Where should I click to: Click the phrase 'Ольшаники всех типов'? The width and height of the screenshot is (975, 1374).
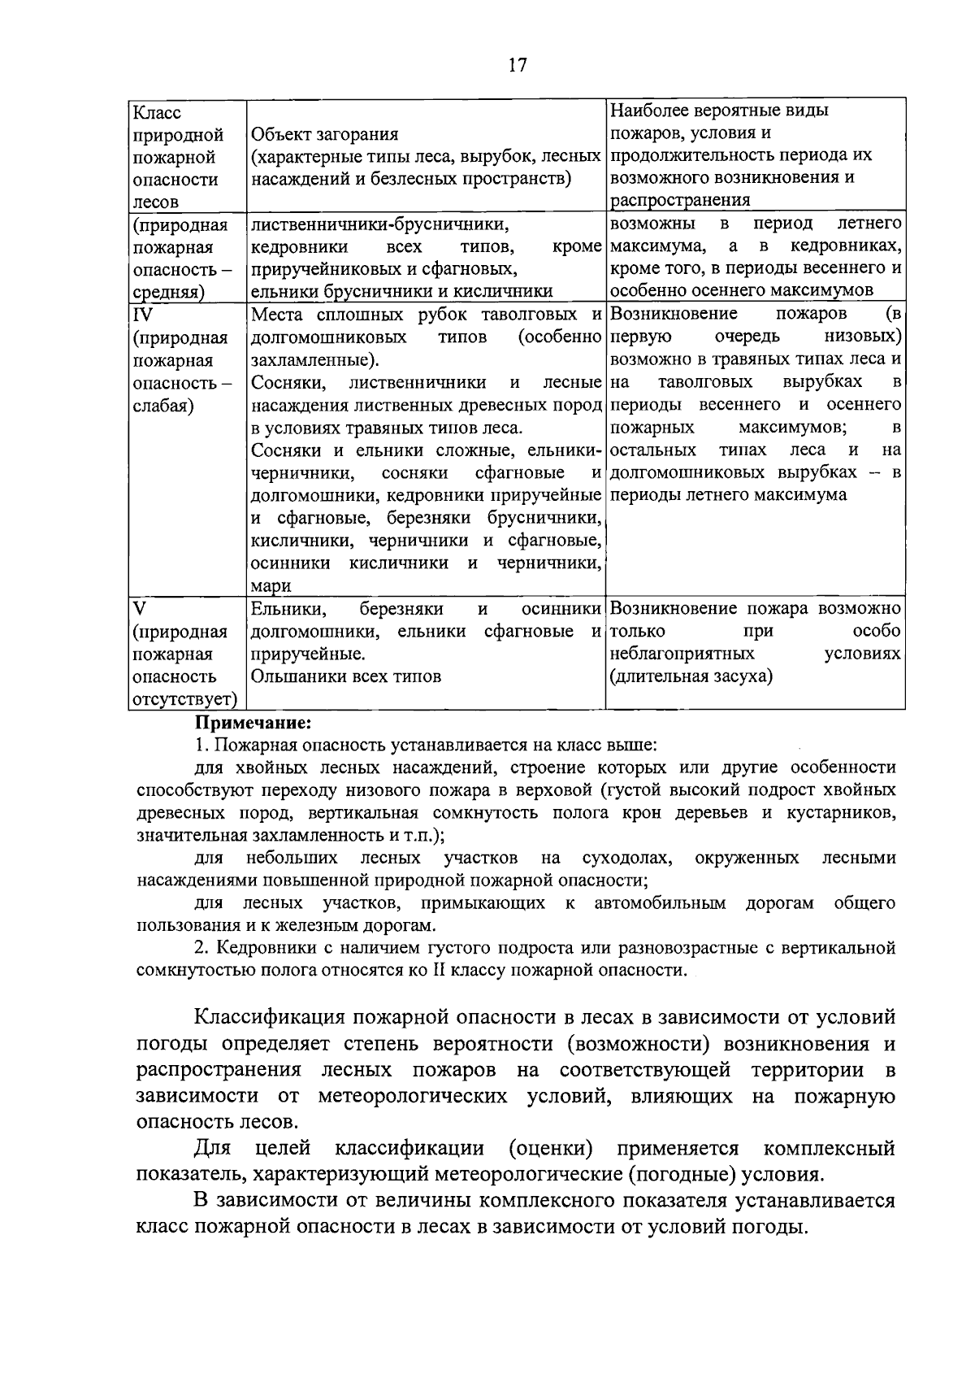pos(346,676)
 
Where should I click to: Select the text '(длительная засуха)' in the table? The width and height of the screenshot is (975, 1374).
pos(691,676)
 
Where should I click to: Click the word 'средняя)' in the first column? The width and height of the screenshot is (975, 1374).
pos(168,292)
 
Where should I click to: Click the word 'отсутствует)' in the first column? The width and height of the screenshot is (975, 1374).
pos(184,699)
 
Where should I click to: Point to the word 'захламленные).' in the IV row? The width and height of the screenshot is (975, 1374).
pos(314,360)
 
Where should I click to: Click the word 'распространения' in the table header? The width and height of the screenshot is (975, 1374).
pos(680,200)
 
